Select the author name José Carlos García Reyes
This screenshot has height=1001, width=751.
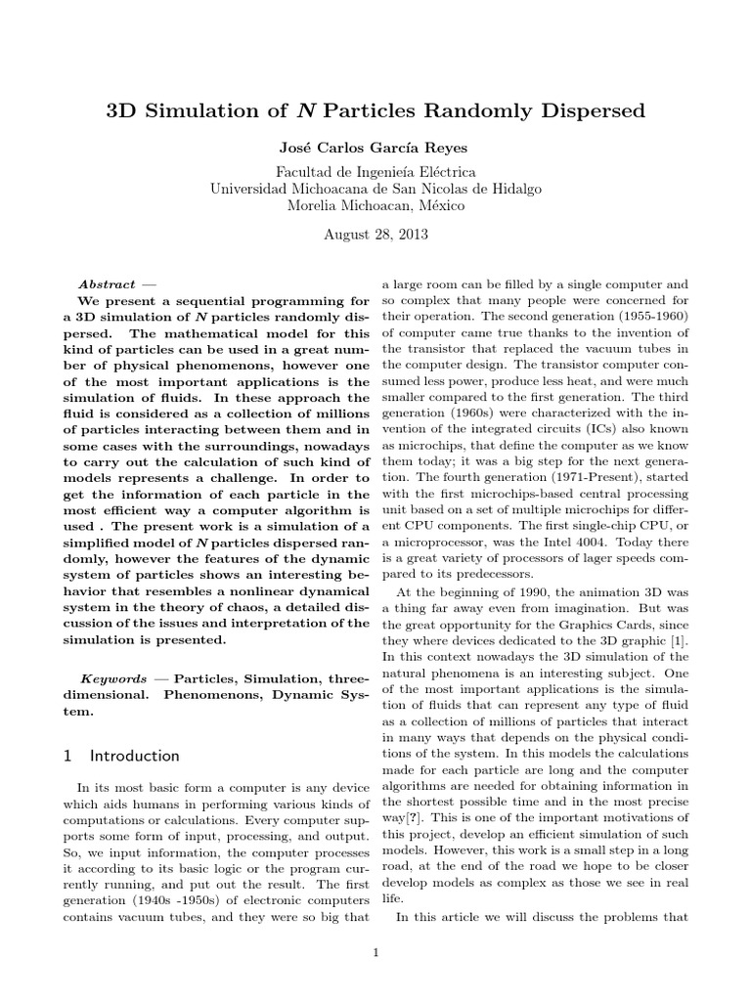click(375, 147)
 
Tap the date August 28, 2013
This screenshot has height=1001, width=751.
click(375, 235)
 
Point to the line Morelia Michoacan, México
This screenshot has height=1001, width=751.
click(375, 205)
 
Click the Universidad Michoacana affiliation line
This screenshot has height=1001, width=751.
click(375, 189)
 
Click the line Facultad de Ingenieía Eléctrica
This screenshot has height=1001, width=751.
click(375, 172)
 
